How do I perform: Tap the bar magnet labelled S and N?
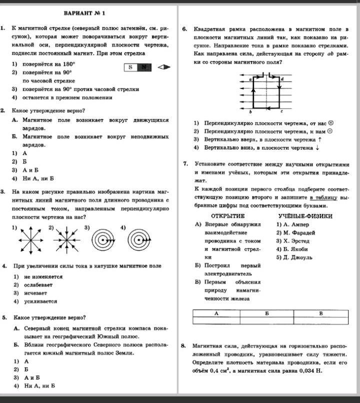(x=138, y=67)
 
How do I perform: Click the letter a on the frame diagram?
(x=249, y=79)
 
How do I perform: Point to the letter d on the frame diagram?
(x=282, y=79)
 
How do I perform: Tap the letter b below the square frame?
(x=250, y=111)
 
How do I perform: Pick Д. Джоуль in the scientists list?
(x=294, y=257)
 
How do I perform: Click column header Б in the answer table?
(x=267, y=313)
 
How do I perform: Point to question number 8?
(x=184, y=345)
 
